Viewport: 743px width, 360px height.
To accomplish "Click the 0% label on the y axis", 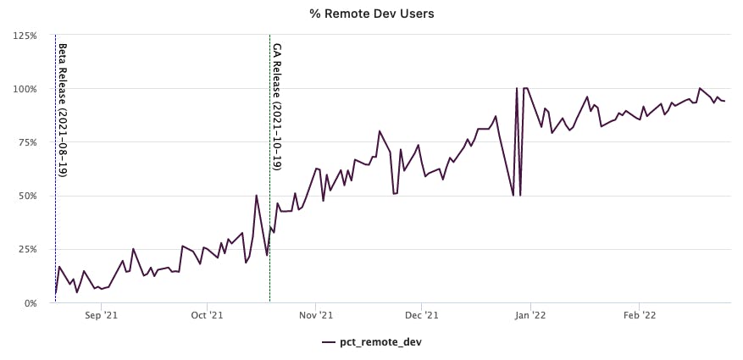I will (28, 302).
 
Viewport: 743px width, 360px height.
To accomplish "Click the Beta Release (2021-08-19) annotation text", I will (63, 108).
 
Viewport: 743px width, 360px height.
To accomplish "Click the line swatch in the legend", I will (329, 342).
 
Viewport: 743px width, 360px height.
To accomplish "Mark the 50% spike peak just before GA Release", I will (257, 196).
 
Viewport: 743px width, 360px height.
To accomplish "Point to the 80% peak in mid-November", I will (380, 131).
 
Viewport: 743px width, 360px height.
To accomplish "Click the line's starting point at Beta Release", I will (56, 293).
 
